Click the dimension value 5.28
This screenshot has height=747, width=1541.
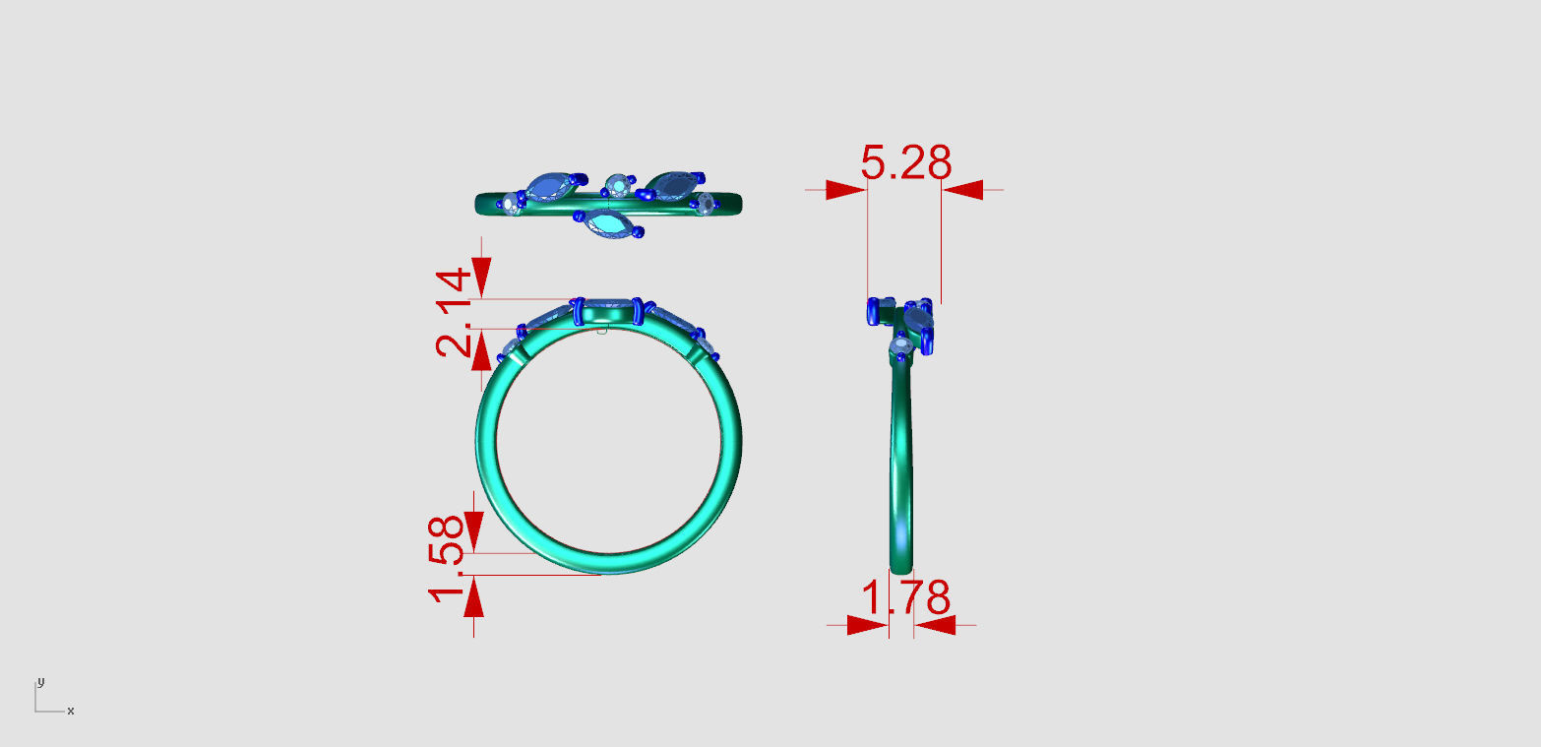(x=905, y=163)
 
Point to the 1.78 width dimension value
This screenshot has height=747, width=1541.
(x=905, y=598)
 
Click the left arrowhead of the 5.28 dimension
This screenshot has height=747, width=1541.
(x=845, y=190)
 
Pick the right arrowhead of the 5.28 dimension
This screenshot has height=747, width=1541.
(x=962, y=190)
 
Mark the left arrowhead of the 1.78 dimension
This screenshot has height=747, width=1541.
(x=867, y=625)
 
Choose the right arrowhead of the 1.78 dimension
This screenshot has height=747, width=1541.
(x=935, y=625)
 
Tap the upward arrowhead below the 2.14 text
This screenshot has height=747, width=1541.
(x=481, y=350)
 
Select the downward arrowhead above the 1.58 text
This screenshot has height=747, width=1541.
(x=474, y=530)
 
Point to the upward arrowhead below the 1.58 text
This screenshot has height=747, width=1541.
(x=474, y=597)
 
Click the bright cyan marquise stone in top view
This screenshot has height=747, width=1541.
(x=609, y=225)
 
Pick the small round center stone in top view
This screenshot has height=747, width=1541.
(x=617, y=185)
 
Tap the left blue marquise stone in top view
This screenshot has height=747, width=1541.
(x=546, y=187)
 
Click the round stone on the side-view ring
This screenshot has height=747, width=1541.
(x=899, y=344)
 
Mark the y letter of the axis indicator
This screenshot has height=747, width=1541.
(x=40, y=681)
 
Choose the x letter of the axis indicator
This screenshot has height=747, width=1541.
(x=70, y=711)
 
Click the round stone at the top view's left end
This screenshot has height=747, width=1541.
(x=510, y=205)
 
